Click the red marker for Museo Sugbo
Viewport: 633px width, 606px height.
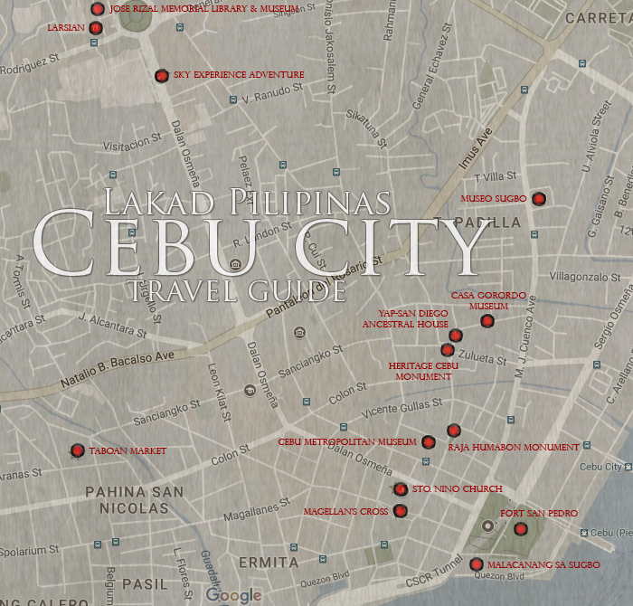click(539, 199)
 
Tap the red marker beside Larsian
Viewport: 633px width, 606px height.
click(96, 28)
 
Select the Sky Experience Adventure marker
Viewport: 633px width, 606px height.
click(161, 75)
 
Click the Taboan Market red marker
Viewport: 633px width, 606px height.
click(78, 450)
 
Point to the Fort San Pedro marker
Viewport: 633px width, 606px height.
click(520, 529)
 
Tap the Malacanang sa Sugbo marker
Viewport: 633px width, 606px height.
click(477, 564)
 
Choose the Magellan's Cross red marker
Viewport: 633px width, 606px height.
click(401, 511)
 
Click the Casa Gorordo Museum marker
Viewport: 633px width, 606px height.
click(487, 320)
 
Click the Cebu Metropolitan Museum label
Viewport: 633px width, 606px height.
click(347, 442)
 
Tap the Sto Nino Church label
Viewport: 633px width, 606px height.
click(444, 489)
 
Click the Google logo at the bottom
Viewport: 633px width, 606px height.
click(233, 594)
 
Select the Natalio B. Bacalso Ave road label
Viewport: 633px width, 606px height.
click(117, 369)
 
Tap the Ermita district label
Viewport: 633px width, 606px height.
click(268, 563)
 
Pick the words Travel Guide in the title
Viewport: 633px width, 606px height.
click(237, 290)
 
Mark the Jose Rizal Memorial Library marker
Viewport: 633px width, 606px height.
click(98, 9)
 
